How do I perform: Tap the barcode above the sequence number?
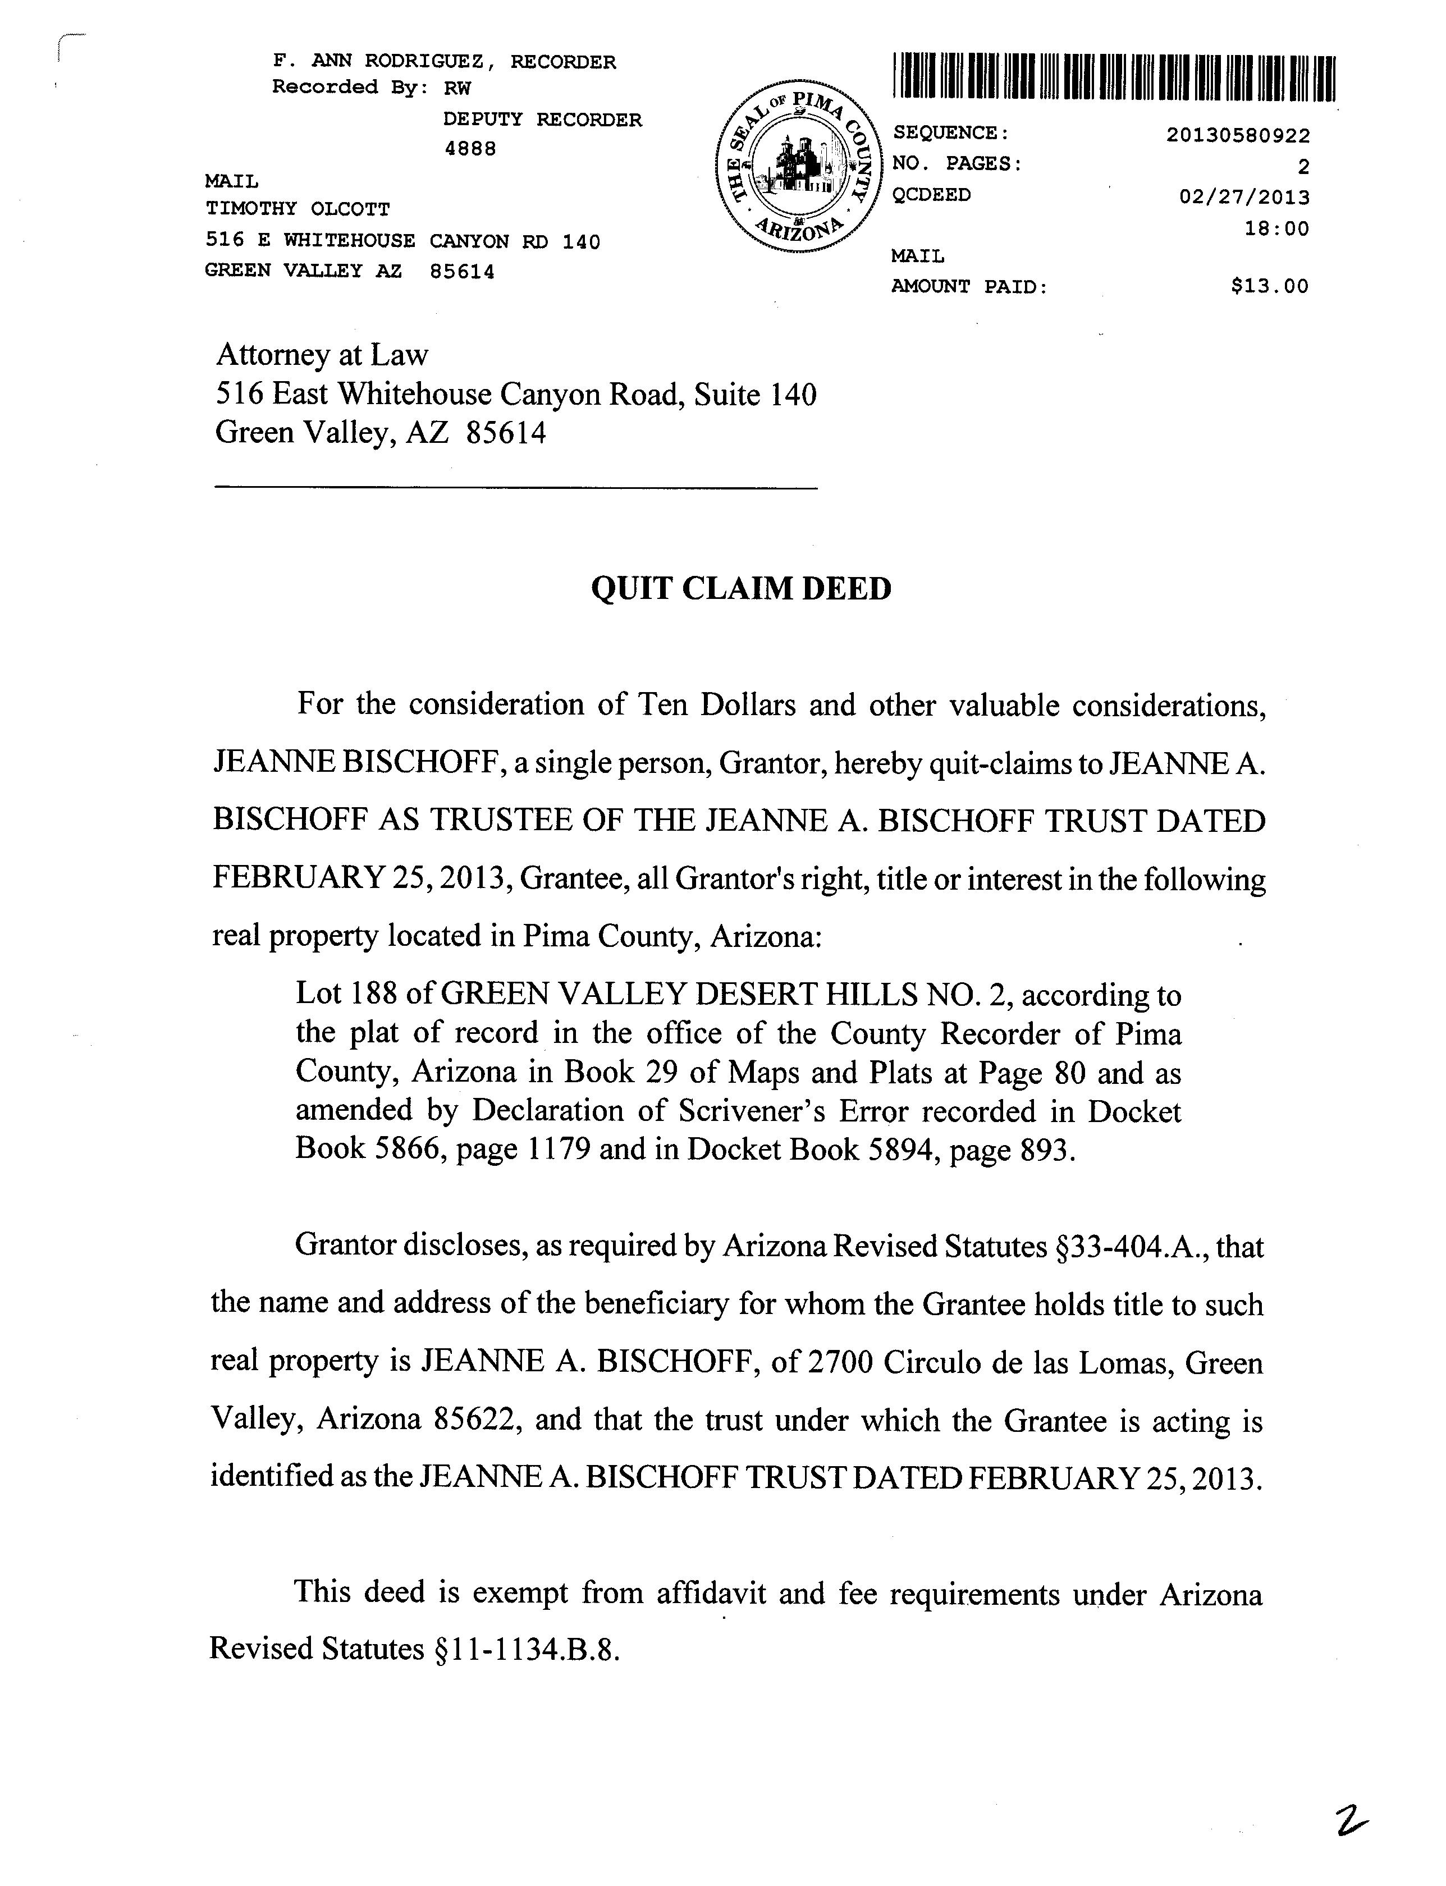tap(1115, 79)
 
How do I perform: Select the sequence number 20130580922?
tap(1238, 136)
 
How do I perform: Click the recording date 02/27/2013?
tap(1244, 197)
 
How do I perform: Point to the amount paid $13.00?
tap(1270, 287)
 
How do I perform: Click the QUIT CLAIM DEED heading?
tap(741, 589)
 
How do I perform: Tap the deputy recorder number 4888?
tap(470, 149)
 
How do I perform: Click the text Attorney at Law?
tap(321, 355)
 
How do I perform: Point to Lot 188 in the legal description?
tap(346, 995)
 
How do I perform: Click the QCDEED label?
tap(931, 195)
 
